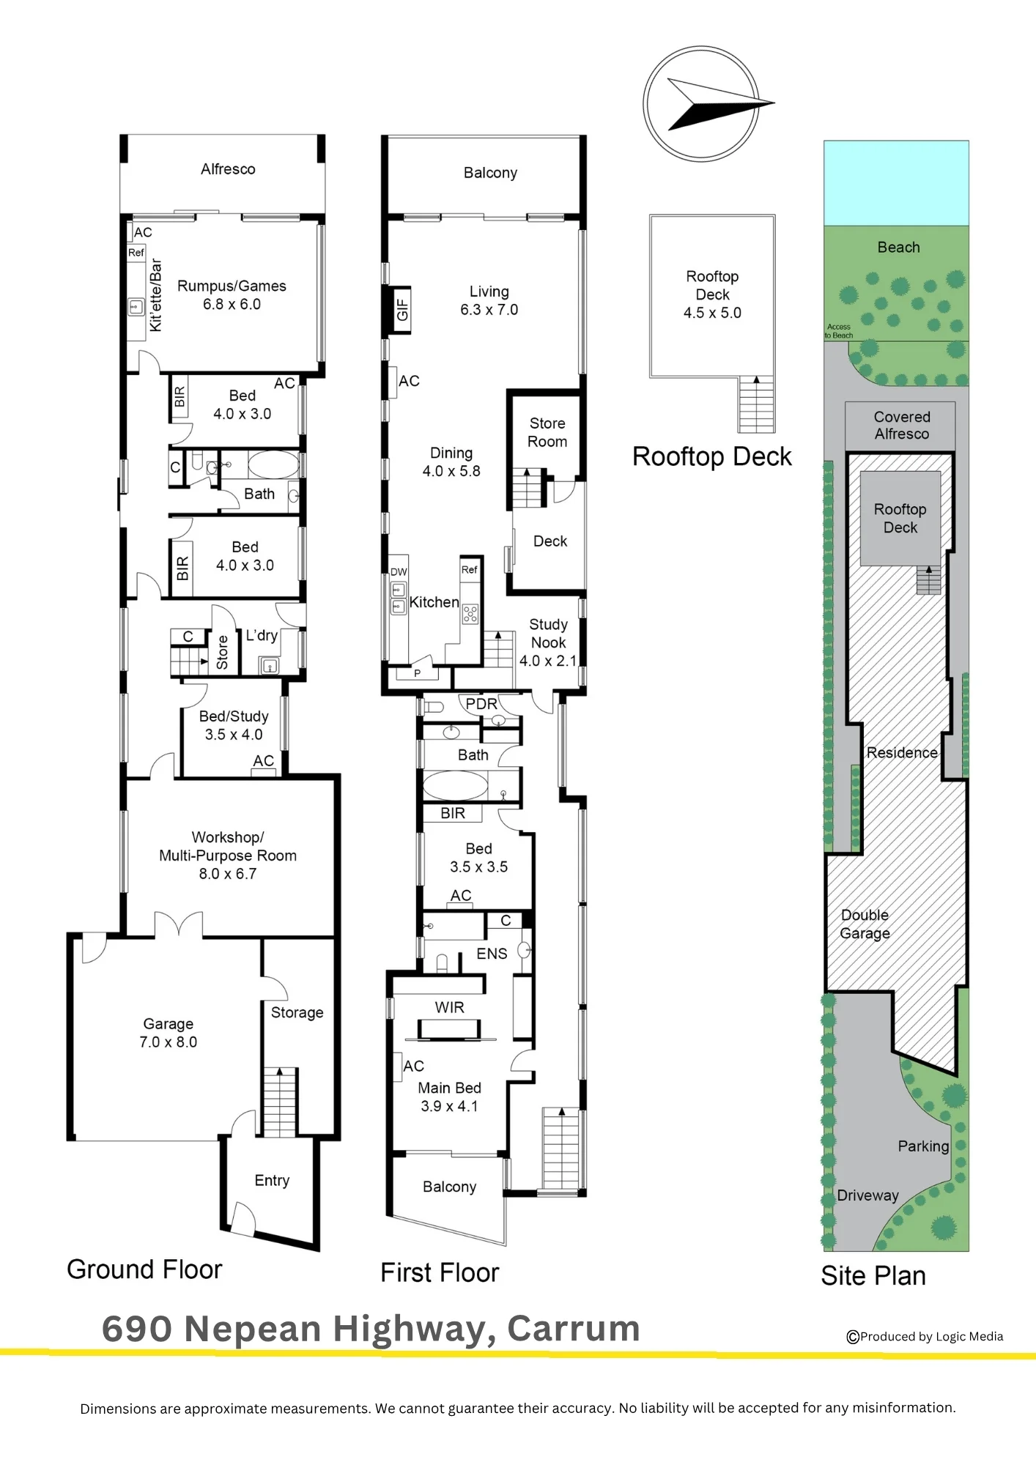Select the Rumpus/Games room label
pyautogui.click(x=232, y=286)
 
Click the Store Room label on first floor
pyautogui.click(x=547, y=432)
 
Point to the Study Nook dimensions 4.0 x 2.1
pyautogui.click(x=548, y=661)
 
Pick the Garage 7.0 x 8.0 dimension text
pyautogui.click(x=169, y=1042)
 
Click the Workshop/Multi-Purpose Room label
pyautogui.click(x=228, y=846)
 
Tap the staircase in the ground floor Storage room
pyautogui.click(x=279, y=1102)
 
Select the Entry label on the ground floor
pyautogui.click(x=272, y=1180)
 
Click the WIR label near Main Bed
pyautogui.click(x=449, y=1007)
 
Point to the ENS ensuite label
pyautogui.click(x=492, y=954)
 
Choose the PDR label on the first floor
pyautogui.click(x=481, y=704)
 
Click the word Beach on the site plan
pyautogui.click(x=898, y=248)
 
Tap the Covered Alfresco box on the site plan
pyautogui.click(x=900, y=426)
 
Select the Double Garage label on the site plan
pyautogui.click(x=865, y=924)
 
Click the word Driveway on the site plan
pyautogui.click(x=867, y=1195)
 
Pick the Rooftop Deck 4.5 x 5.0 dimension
pyautogui.click(x=712, y=313)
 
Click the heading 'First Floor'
pyautogui.click(x=440, y=1273)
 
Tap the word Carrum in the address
pyautogui.click(x=574, y=1329)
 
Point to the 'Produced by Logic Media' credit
pyautogui.click(x=925, y=1337)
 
